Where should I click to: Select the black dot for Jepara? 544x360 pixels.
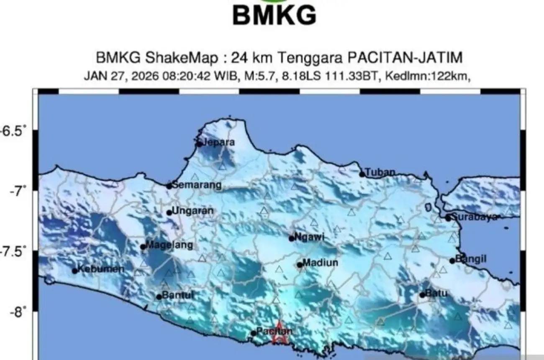[199, 144]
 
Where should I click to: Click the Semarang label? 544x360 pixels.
[196, 185]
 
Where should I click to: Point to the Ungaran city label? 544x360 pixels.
[192, 211]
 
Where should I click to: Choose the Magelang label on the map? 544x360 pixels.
[169, 245]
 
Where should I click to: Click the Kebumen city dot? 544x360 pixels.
[75, 271]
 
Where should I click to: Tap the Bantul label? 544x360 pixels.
[177, 295]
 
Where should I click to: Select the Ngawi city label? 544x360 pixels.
[309, 237]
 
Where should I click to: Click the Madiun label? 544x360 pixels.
[320, 263]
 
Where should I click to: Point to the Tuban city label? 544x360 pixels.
[380, 172]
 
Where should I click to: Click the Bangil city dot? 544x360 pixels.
[452, 261]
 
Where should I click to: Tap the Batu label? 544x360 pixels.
[436, 294]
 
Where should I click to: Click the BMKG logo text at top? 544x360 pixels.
[274, 16]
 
